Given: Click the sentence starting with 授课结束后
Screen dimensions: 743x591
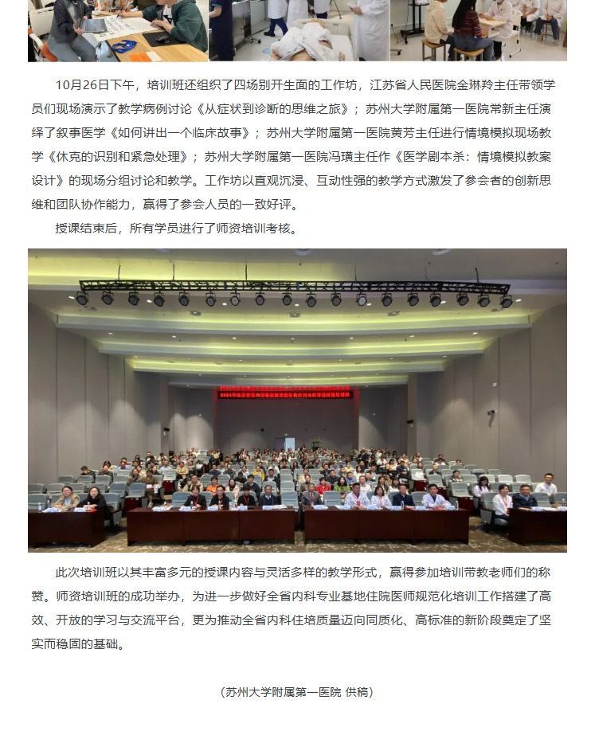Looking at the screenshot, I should tap(175, 228).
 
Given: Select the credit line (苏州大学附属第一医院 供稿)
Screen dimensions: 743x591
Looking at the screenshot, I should tap(296, 692).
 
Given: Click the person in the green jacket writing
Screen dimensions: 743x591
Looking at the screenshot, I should tap(171, 20).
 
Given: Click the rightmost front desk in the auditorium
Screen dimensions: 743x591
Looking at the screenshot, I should tap(538, 526).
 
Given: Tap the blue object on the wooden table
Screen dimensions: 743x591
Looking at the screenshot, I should tap(123, 46).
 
